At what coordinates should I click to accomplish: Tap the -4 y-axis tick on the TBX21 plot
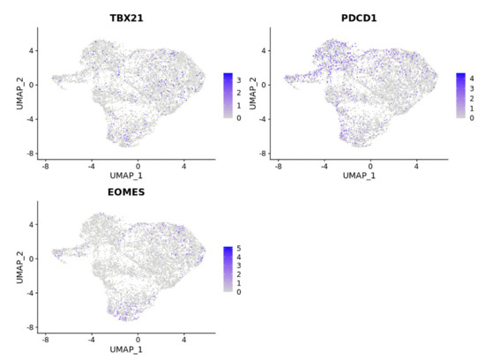29,119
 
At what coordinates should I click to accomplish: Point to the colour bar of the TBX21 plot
228,95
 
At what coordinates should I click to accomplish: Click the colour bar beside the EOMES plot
228,269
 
